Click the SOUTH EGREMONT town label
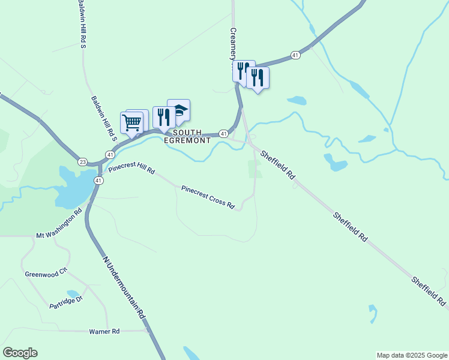[191, 136]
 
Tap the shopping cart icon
[131, 122]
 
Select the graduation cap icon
[179, 110]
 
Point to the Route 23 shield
[83, 161]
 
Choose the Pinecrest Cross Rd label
[208, 196]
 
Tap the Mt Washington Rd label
[59, 224]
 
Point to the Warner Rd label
[104, 331]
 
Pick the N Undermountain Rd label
[125, 287]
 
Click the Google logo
[20, 353]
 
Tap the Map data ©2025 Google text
[411, 355]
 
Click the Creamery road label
[234, 42]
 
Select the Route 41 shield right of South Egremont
[223, 133]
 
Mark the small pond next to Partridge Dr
[73, 294]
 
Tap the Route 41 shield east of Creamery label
[295, 55]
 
